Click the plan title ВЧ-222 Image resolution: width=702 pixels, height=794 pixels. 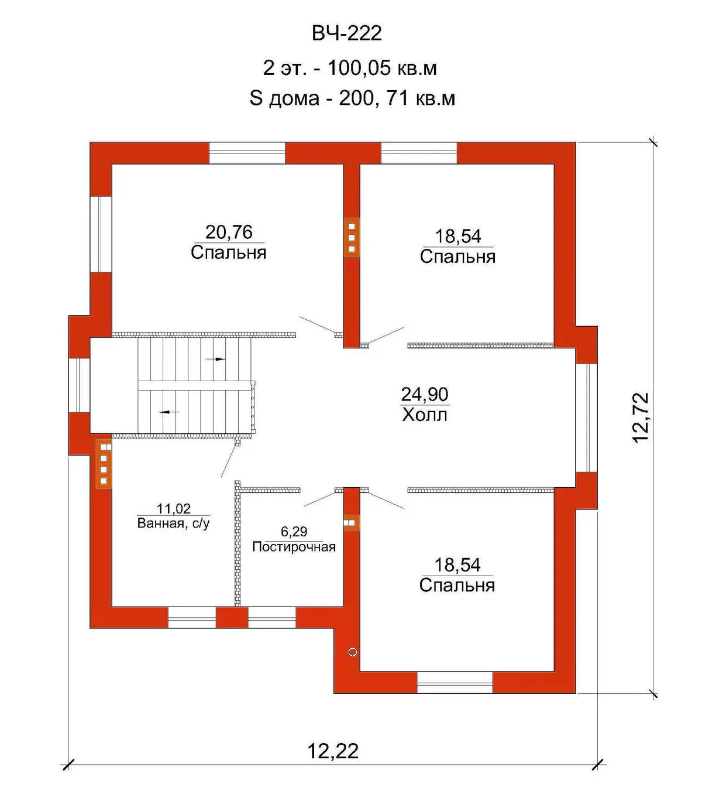346,33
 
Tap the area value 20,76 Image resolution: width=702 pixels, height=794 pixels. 229,232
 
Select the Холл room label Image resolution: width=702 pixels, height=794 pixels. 424,415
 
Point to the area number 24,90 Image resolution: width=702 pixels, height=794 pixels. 424,394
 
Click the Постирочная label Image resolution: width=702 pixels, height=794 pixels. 294,546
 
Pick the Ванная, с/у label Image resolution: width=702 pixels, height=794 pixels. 173,523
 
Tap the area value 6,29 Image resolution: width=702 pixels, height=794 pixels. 294,532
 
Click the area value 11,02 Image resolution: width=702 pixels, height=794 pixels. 173,508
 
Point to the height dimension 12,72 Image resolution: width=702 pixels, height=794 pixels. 641,417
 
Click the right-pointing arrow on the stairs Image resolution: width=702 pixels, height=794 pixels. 215,358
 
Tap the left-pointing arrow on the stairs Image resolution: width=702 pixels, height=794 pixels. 168,412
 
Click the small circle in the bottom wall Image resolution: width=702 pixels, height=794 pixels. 352,652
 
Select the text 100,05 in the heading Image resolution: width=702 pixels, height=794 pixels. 359,68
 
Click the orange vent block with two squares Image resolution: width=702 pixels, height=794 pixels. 351,522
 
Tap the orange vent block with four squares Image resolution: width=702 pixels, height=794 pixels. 104,464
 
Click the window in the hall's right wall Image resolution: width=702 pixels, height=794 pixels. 586,418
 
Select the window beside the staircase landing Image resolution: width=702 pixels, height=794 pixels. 80,385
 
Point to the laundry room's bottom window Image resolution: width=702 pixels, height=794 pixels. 271,618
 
